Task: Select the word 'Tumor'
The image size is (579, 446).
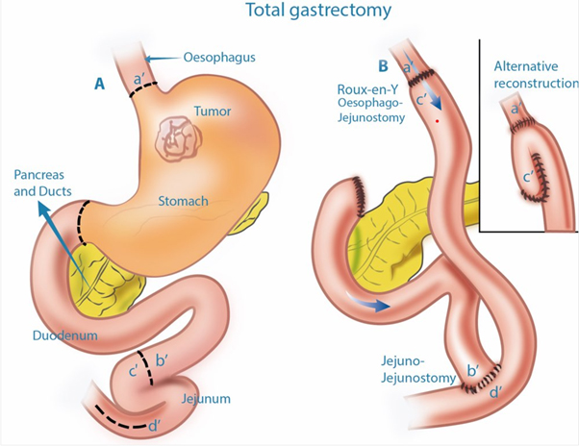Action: [213, 111]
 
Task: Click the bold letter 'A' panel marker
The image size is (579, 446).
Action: [99, 85]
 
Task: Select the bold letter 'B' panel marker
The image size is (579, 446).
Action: [384, 67]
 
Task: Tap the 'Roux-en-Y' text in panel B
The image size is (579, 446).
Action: [352, 91]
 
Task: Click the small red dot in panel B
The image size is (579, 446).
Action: [437, 123]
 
